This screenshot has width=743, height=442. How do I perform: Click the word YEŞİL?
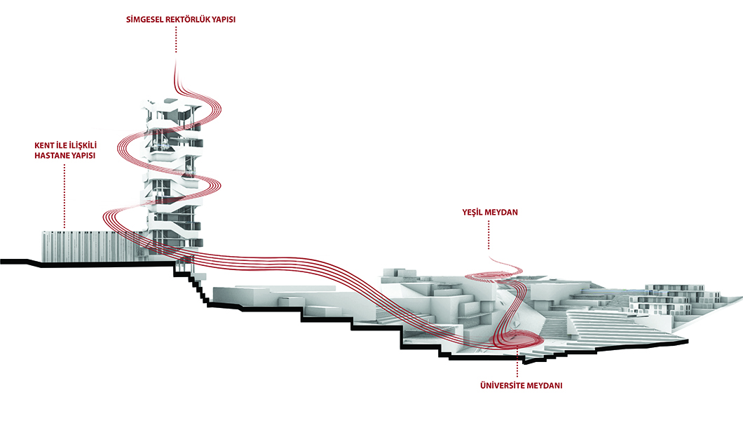473,211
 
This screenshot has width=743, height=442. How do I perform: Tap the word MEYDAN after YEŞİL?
503,211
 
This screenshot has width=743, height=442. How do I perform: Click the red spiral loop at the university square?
522,340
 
